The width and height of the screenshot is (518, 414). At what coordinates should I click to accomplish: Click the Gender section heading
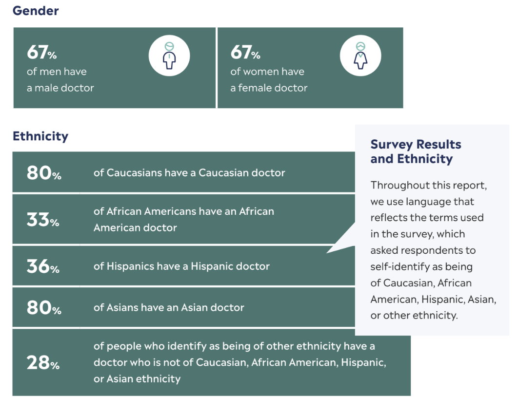(x=36, y=11)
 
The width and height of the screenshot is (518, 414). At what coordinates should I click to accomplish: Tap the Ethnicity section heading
(x=40, y=136)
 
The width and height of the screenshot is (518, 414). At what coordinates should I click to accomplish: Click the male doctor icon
(x=169, y=56)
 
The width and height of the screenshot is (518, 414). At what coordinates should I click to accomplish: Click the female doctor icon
(x=360, y=56)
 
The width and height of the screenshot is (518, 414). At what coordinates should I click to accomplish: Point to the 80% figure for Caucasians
(x=44, y=173)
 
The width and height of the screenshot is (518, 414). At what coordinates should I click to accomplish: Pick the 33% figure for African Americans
(x=43, y=220)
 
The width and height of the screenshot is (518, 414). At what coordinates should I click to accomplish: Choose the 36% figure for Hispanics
(x=43, y=266)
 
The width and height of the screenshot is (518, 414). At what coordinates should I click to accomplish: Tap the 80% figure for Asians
(x=44, y=308)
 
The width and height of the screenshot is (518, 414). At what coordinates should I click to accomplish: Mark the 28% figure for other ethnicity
(x=43, y=362)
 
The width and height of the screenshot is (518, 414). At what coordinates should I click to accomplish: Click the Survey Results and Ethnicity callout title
(x=416, y=151)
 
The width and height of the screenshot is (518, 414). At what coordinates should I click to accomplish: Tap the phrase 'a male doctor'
(x=60, y=88)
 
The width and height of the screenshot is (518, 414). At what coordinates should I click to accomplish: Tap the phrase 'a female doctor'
(x=269, y=88)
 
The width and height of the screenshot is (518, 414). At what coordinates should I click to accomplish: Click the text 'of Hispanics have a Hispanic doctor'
(x=181, y=266)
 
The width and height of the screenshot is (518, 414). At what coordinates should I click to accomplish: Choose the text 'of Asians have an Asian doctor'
(x=169, y=308)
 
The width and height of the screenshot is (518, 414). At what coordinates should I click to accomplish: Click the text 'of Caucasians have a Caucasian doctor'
(x=189, y=173)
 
